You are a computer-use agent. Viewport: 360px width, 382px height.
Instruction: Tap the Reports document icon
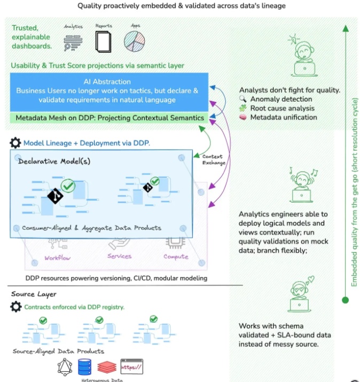[x=103, y=41]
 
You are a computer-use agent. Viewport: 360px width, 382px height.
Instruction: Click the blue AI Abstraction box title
[x=107, y=82]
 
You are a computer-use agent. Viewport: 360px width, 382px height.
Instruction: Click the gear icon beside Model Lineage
[x=15, y=143]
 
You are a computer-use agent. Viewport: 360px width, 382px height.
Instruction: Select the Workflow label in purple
[x=58, y=258]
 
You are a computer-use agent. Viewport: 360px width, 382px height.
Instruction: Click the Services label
[x=119, y=256]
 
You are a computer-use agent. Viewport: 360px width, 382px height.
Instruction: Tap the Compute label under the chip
[x=176, y=257]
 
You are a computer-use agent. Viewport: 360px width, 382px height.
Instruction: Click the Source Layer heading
[x=34, y=294]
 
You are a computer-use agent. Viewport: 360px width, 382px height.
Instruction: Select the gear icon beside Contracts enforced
[x=16, y=307]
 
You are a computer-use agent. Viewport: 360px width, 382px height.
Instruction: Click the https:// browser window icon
[x=132, y=367]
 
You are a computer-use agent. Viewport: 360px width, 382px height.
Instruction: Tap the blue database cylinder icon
[x=84, y=367]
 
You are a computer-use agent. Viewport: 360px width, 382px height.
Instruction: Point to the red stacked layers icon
[x=107, y=368]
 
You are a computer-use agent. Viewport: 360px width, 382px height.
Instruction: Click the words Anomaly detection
[x=281, y=99]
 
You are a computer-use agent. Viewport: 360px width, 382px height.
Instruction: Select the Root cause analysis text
[x=283, y=108]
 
